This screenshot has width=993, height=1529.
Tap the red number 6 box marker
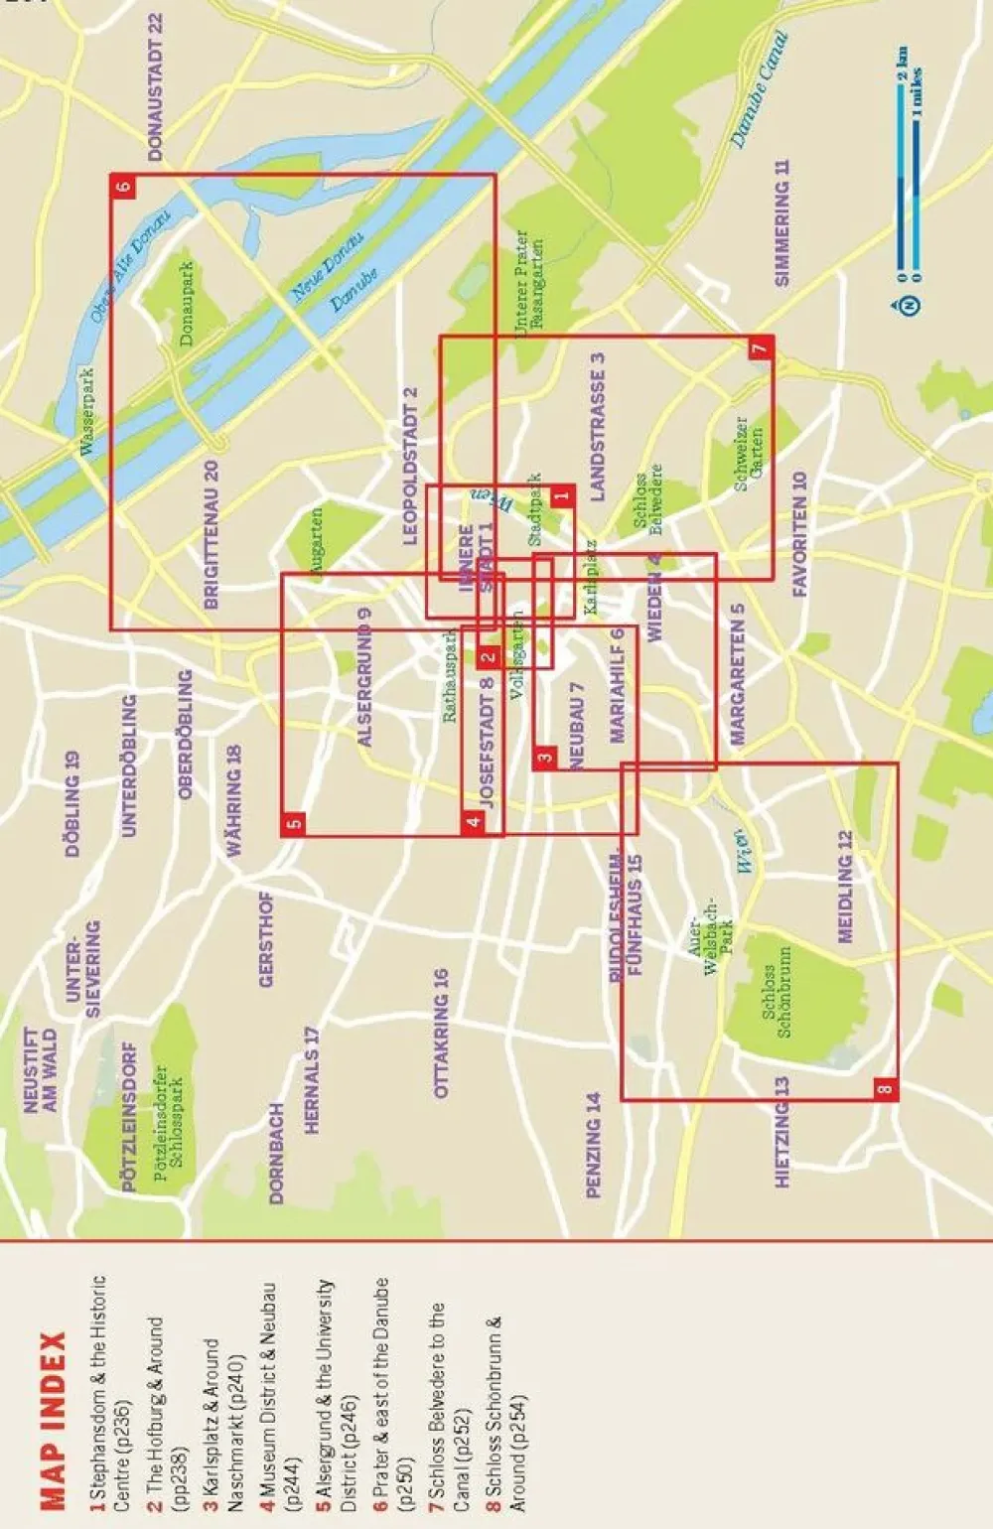(x=122, y=186)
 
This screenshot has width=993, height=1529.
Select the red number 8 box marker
(x=886, y=1088)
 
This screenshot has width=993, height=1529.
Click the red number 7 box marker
(x=761, y=347)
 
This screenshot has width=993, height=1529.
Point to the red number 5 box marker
(x=293, y=823)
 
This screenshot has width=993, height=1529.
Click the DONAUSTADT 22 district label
(x=155, y=86)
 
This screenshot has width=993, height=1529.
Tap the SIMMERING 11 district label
(x=782, y=222)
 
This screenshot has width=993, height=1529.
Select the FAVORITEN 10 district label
(x=800, y=534)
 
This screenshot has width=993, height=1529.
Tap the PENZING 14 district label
(x=594, y=1145)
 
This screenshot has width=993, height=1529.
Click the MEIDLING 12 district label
(x=845, y=887)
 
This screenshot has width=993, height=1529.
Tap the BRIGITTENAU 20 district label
(x=211, y=534)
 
